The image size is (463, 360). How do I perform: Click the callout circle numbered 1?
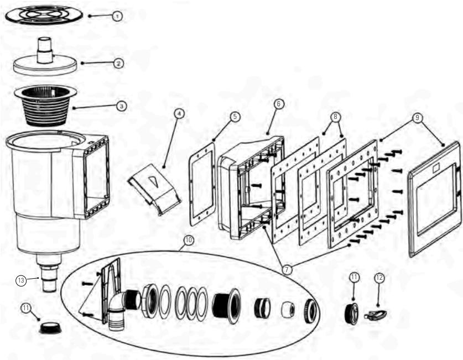117,17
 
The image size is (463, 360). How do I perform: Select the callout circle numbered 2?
118,63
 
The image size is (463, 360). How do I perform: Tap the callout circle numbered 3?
121,105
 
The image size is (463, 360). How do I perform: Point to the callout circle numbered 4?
179,113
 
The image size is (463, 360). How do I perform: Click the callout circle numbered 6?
278,104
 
